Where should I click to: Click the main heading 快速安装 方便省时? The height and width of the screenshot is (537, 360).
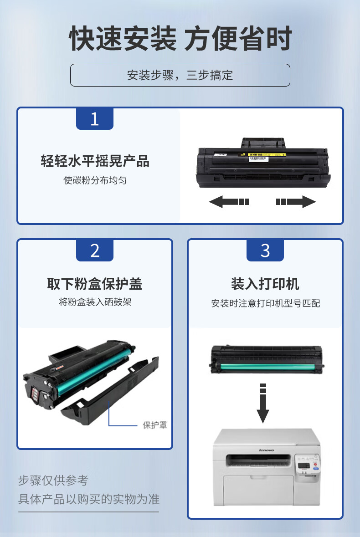180,38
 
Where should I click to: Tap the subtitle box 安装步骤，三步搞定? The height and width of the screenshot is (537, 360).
180,75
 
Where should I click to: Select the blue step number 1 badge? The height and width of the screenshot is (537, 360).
94,118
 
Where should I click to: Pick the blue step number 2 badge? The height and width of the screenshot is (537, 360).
94,250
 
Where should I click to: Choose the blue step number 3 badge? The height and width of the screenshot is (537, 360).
265,250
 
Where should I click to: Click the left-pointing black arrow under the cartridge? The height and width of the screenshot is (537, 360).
229,201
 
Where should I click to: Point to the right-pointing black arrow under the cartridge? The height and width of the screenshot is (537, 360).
296,201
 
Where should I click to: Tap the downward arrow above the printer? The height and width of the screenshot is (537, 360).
263,403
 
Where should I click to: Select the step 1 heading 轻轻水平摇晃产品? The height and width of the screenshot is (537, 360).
95,161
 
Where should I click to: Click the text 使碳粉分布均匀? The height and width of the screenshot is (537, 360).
95,180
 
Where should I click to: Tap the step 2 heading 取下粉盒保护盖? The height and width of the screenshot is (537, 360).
94,284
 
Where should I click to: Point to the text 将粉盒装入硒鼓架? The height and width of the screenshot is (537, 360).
95,302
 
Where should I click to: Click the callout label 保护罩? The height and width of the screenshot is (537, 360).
155,425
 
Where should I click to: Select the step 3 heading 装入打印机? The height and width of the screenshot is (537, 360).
265,284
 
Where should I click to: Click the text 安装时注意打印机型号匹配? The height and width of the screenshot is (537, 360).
266,303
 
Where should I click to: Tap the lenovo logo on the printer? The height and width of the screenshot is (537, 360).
266,450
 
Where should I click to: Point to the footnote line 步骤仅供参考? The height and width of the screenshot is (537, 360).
53,480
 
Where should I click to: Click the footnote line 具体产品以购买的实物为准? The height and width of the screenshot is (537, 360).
89,499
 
